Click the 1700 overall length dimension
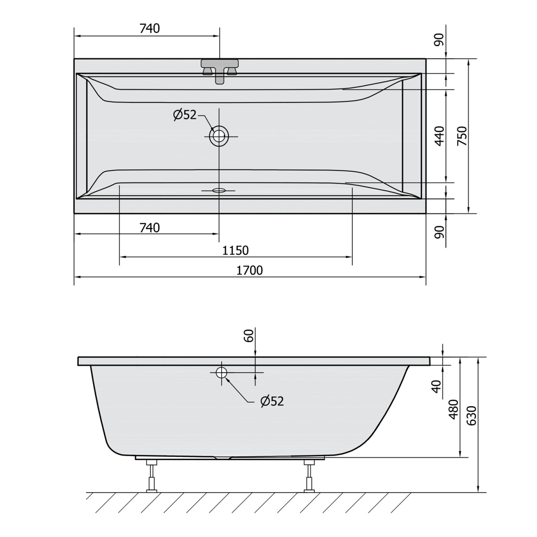click(x=249, y=270)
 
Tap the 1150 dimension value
click(x=235, y=251)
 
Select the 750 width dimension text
click(x=462, y=136)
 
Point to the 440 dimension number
click(x=440, y=136)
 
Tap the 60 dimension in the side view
click(x=249, y=336)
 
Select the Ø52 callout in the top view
click(x=185, y=115)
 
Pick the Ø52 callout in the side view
click(x=272, y=401)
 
